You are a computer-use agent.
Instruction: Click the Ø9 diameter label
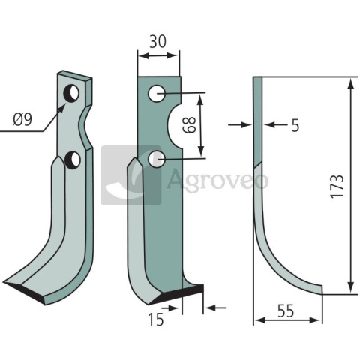tap(22, 120)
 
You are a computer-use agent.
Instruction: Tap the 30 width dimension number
tap(157, 41)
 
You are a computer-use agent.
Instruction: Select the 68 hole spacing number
tap(189, 125)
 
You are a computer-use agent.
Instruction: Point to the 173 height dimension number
tap(337, 187)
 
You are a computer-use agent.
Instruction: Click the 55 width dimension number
tap(286, 311)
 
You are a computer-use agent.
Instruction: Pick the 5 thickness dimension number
tap(295, 125)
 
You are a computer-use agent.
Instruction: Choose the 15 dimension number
tap(156, 319)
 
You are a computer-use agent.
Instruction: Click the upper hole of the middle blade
tap(157, 94)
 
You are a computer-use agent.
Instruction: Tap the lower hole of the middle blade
tap(157, 159)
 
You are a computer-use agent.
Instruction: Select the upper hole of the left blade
tap(71, 93)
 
